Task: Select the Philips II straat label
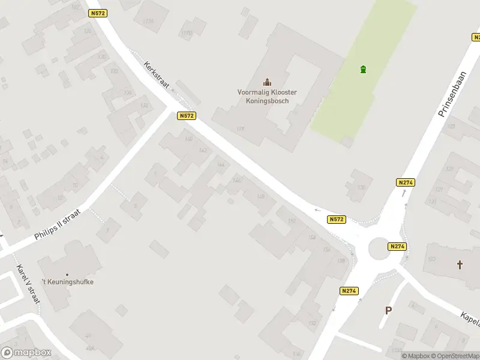61,225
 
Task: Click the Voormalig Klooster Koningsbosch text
267,97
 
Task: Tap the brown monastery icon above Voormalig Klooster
267,82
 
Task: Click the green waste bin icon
362,70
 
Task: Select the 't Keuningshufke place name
67,282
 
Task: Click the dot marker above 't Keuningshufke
67,274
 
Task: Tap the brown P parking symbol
389,310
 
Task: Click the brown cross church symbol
460,265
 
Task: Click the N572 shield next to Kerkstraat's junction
187,116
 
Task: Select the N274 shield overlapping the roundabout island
397,246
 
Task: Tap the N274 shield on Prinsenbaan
406,182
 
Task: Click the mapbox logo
26,353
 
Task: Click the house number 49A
89,348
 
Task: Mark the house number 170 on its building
187,33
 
